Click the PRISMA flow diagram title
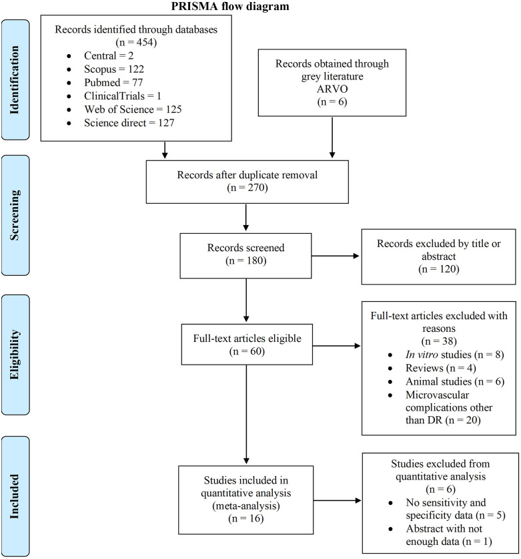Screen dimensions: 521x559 [230, 6]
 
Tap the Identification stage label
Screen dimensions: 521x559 [14, 80]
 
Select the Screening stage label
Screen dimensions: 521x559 [14, 215]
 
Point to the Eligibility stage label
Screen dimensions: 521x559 [14, 355]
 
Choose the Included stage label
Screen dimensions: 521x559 [14, 496]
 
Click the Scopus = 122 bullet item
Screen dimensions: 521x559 [114, 69]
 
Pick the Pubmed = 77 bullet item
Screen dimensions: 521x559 [113, 82]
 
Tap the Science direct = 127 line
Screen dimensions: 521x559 [129, 123]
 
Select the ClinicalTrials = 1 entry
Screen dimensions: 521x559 [123, 96]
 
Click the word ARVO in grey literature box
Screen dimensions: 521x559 [332, 89]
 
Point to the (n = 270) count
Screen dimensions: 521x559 [247, 188]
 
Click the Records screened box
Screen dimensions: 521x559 [245, 256]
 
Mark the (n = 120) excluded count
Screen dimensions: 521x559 [439, 268]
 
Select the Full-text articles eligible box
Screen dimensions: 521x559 [247, 345]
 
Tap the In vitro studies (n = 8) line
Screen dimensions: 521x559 [455, 355]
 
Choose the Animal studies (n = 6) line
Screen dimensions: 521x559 [455, 381]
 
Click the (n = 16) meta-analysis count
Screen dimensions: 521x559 [245, 518]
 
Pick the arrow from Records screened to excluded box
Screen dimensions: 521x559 [336, 256]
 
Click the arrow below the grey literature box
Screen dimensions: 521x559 [332, 138]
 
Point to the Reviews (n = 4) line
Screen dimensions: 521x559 [440, 368]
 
